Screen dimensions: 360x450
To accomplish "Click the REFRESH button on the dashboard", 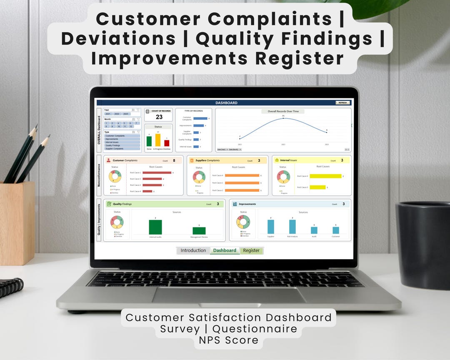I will coord(342,102).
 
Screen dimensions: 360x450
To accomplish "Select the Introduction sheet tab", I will coord(193,250).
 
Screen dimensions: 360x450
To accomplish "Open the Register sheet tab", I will coord(251,250).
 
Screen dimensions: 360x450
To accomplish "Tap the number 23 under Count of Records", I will coord(159,117).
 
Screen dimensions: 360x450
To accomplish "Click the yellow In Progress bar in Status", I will coord(158,140).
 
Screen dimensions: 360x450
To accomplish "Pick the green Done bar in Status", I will coord(149,141).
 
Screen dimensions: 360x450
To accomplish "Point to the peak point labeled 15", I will coord(283,118).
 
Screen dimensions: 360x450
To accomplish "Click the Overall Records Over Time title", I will coord(283,111).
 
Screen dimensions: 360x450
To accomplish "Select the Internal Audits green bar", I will coord(155,227).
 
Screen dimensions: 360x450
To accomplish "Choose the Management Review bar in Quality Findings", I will coord(199,230).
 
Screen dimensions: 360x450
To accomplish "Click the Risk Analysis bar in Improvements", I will coord(292,227).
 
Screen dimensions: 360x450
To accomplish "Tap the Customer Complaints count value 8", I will coord(174,160).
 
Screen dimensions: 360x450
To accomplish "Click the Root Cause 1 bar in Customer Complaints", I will coord(157,172).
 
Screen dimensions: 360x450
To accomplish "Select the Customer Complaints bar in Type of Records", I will coord(200,118).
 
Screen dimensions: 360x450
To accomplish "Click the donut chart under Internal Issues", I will coord(283,177).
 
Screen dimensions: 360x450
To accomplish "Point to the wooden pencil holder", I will coord(17,222).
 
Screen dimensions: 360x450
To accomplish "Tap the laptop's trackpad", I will coord(229,295).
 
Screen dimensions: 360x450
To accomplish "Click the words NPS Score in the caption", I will coord(228,340).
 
